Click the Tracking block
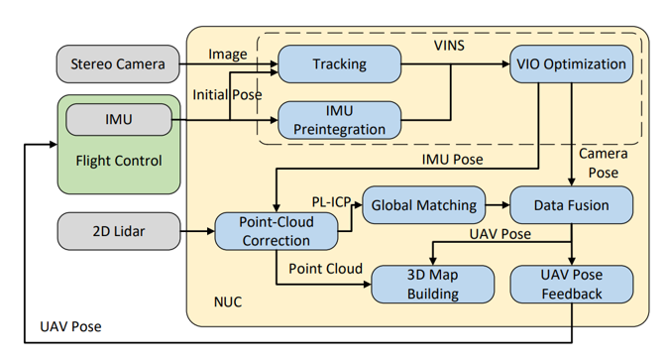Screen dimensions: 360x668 point(339,64)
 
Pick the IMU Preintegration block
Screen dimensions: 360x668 point(339,121)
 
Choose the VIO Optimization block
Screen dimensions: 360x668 point(572,64)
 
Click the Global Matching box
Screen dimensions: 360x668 point(423,206)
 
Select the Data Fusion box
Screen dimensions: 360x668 point(572,206)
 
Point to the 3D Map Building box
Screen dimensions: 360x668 point(432,283)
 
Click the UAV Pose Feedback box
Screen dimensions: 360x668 point(572,283)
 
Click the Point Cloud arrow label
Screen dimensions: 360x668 point(326,269)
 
